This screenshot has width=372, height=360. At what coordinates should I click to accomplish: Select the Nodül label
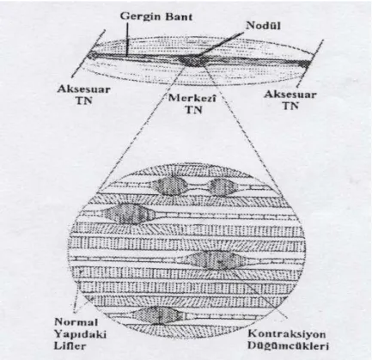pos(264,26)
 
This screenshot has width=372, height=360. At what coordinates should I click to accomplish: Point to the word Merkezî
pos(192,98)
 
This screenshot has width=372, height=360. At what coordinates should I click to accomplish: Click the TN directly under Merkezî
pos(194,110)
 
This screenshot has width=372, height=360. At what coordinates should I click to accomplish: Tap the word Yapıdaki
pos(80,334)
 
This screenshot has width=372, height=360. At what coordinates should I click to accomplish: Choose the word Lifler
pos(70,345)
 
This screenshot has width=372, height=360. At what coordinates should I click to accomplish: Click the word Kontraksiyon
pos(287,334)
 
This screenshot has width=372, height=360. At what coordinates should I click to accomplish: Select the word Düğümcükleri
pos(288,345)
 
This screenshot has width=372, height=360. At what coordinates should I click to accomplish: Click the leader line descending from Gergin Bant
pos(127,39)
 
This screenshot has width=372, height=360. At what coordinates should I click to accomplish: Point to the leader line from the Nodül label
pos(221,44)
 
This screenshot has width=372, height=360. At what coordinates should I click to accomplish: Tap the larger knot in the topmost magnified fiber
pos(169,186)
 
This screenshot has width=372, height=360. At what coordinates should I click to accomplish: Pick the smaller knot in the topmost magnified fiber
pos(223,186)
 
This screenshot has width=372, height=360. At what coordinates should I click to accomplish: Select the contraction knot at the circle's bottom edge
pos(156,315)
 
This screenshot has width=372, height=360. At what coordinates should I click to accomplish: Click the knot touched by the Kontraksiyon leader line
pos(215,260)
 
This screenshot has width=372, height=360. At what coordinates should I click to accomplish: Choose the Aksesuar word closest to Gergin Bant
pos(83,88)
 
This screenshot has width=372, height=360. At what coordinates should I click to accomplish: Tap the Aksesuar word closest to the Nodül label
pos(290,95)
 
